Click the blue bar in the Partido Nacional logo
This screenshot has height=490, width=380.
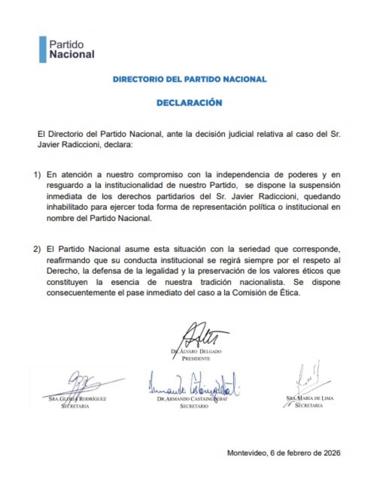coord(43,49)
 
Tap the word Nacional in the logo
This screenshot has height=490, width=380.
coord(72,54)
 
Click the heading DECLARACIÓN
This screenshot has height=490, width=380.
coord(189,103)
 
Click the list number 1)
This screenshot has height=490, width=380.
coord(37,175)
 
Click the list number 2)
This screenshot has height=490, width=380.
coord(37,249)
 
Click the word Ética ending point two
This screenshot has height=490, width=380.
coord(289,293)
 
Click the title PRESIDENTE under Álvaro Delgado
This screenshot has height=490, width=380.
coord(196,359)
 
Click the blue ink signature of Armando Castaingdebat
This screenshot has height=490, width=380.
coord(193,385)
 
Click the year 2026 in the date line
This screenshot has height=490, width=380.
coord(332,453)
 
